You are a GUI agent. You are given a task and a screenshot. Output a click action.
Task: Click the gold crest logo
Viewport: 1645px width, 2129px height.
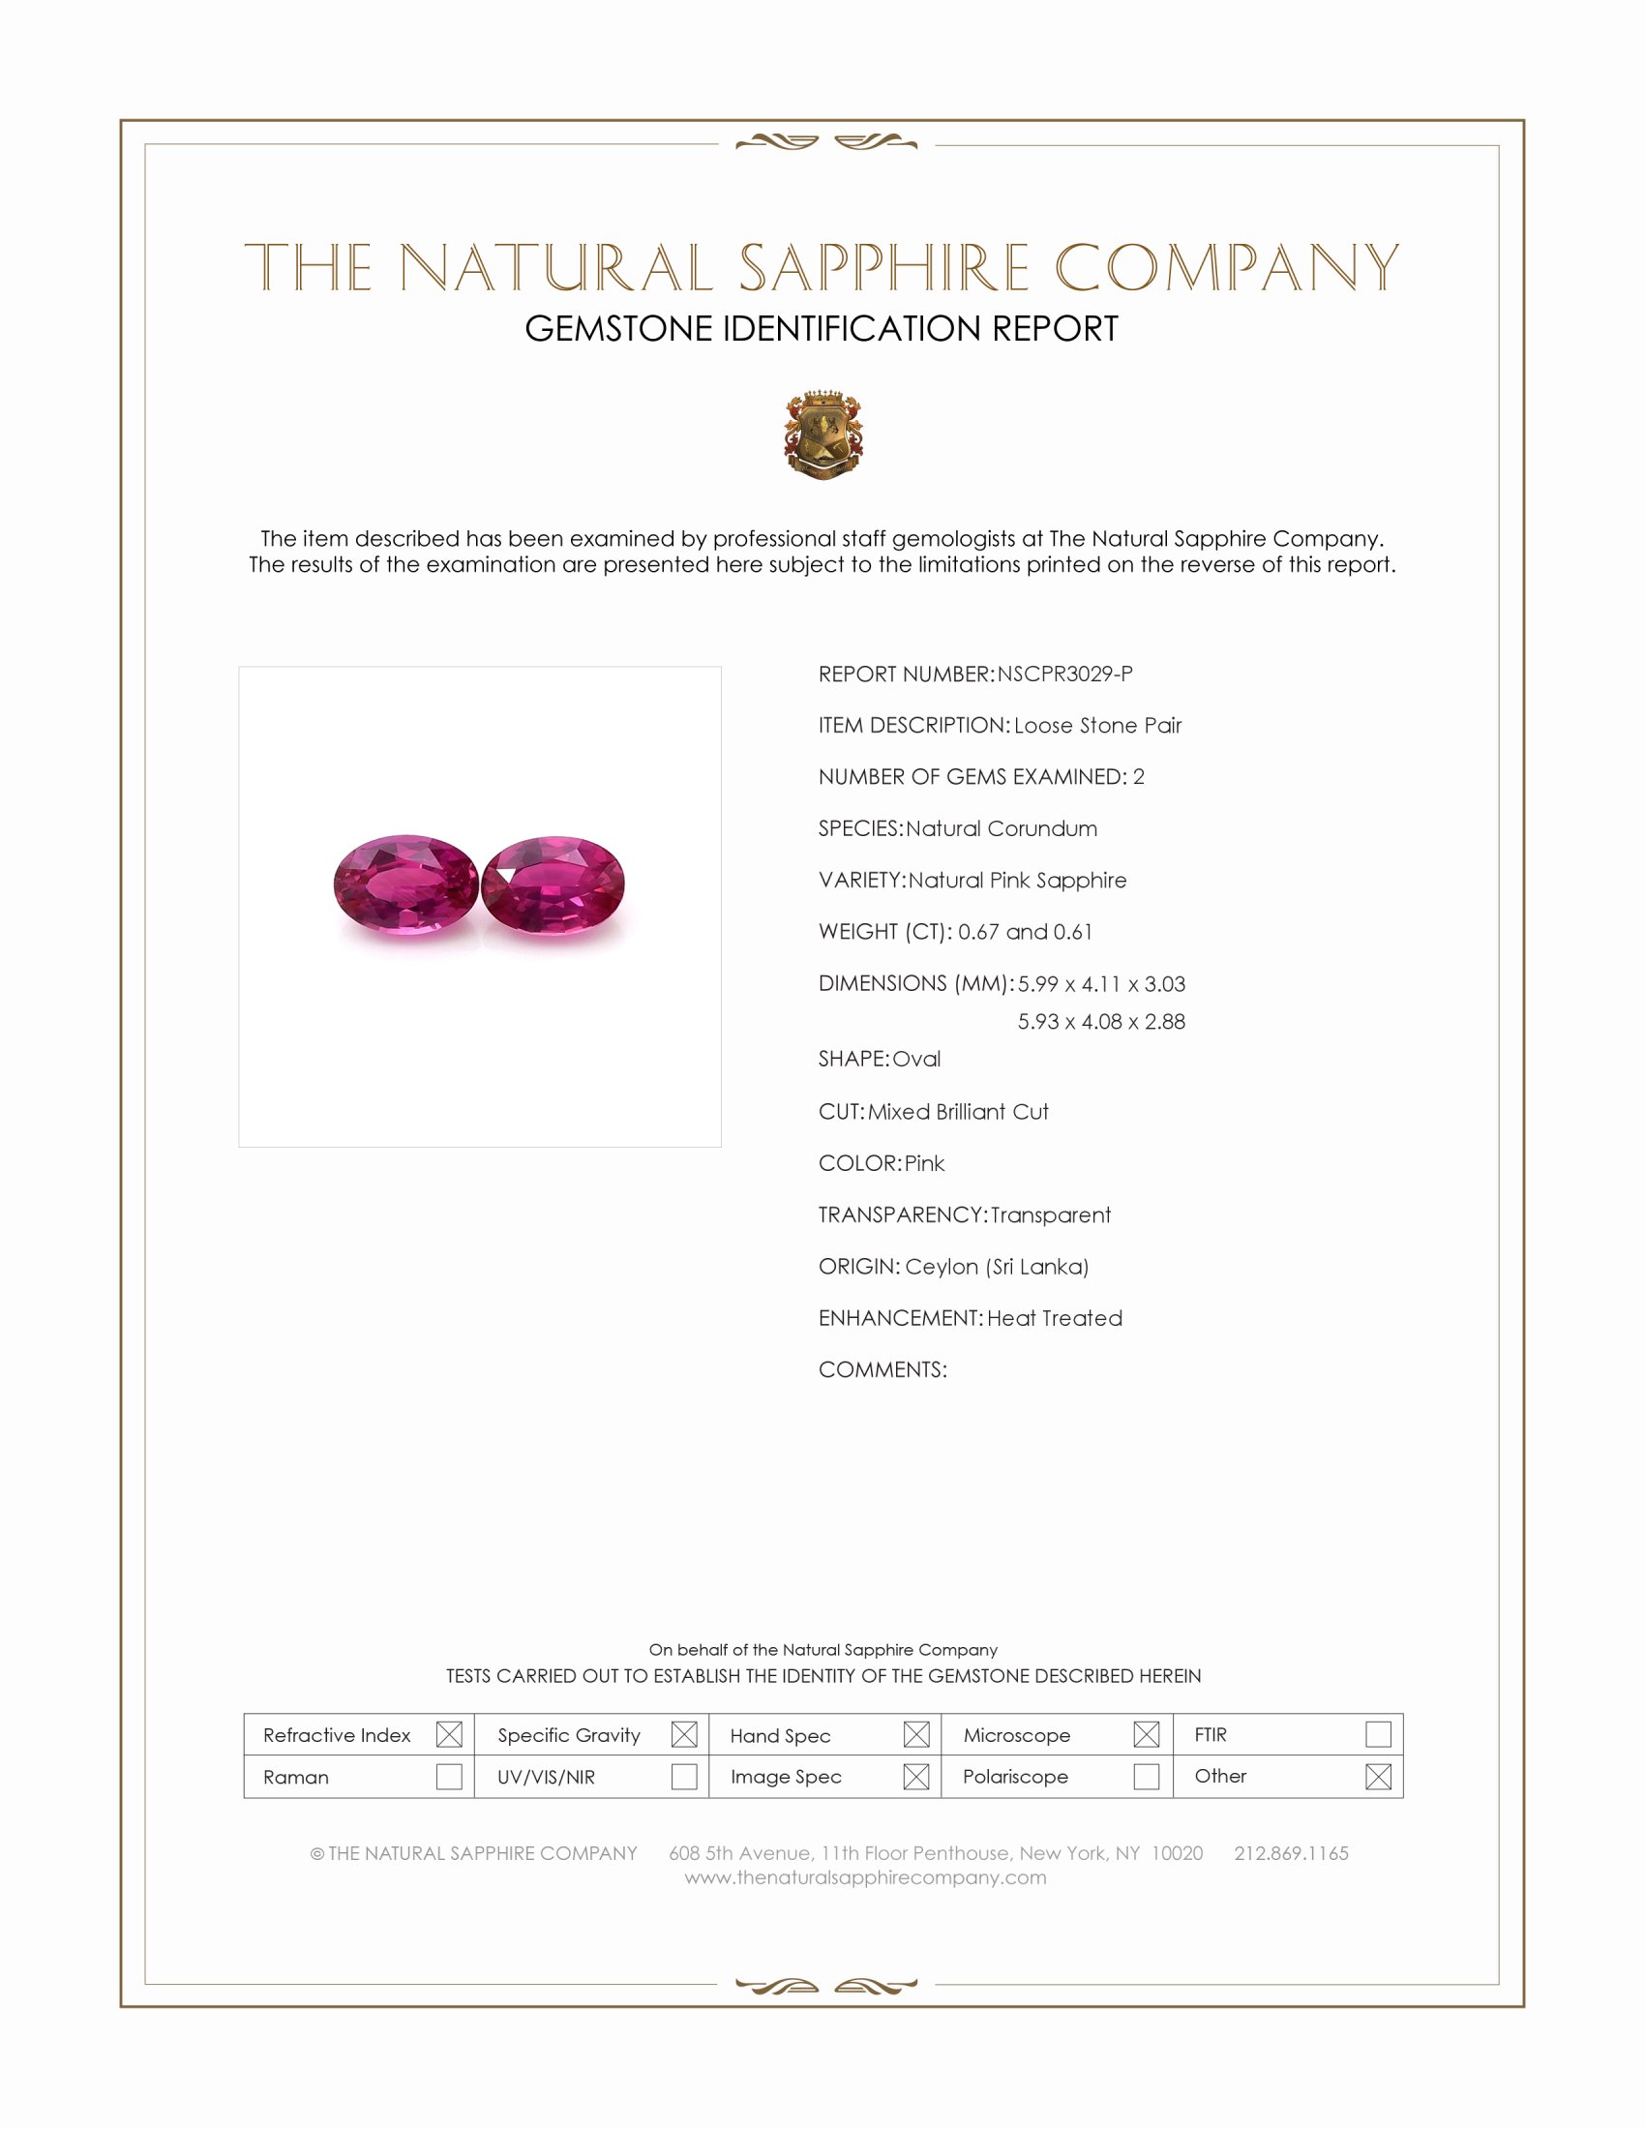pos(823,435)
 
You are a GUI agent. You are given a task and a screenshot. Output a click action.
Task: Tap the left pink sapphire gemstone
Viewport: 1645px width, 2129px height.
pos(405,885)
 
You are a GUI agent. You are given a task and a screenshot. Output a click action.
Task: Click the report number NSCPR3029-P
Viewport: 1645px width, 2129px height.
pos(1064,674)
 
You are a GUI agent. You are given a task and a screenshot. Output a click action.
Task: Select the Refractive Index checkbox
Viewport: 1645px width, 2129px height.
pos(449,1734)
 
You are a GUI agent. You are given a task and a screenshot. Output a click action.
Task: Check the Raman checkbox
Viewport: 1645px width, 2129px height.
pos(449,1776)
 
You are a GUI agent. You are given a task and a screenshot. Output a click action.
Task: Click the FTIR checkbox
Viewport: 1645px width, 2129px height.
pos(1378,1734)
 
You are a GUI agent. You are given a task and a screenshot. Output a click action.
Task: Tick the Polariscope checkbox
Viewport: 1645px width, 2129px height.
pos(1146,1776)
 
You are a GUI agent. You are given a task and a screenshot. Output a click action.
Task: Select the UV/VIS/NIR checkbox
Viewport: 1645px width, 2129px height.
pos(684,1776)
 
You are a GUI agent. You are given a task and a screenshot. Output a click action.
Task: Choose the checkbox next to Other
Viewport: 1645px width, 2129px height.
pos(1378,1776)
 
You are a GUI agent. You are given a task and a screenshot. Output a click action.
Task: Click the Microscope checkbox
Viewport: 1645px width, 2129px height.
pos(1146,1734)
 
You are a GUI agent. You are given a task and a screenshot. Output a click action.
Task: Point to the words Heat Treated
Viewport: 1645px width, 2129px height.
pos(1055,1318)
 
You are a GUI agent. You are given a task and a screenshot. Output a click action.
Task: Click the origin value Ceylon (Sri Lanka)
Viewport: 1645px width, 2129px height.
pos(996,1267)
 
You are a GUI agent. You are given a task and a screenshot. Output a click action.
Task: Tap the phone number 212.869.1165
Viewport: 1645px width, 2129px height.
pos(1291,1853)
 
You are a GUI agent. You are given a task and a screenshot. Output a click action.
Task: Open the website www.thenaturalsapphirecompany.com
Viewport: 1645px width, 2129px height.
pos(865,1877)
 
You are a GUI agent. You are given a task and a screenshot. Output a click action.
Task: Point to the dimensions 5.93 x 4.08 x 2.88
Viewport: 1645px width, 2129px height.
pos(1101,1022)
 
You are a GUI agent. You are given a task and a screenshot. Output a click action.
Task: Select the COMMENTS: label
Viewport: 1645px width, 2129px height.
pos(882,1369)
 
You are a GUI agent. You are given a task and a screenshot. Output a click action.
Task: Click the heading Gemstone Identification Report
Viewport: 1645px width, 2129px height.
pos(822,329)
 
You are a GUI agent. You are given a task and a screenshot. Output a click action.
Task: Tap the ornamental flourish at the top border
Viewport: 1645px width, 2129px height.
pos(826,143)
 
